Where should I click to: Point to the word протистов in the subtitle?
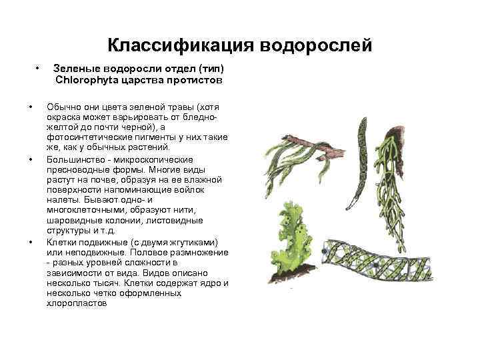click(x=196, y=80)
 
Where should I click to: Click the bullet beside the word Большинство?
click(x=31, y=159)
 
